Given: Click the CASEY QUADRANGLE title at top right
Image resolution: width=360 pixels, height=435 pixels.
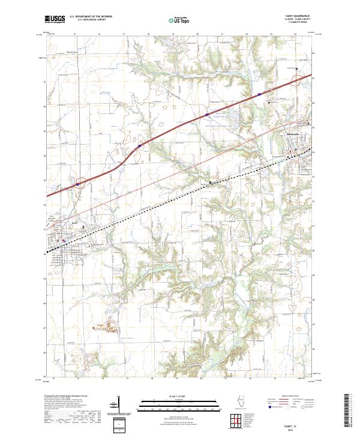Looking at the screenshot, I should pos(298,16).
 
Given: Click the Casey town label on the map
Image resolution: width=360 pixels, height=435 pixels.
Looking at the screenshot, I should pos(75,223).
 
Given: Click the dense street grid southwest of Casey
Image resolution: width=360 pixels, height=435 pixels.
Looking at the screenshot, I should pos(57,255).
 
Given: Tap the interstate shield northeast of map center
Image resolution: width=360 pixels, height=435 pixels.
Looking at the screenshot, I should pos(206,114).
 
